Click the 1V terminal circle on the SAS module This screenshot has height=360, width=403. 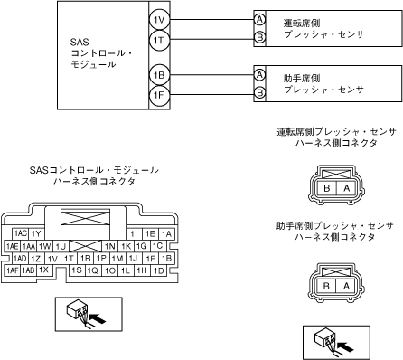point(159,20)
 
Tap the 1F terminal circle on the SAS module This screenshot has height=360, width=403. point(159,96)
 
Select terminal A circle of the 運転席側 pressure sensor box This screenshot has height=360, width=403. point(259,20)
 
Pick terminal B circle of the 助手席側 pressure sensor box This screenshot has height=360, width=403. point(259,92)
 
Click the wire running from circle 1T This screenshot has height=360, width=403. point(211,39)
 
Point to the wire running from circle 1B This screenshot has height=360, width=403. point(211,75)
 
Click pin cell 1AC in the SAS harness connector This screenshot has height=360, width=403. point(21,233)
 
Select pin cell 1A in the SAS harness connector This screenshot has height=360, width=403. point(166,233)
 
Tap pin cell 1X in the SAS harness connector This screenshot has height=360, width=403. point(44,270)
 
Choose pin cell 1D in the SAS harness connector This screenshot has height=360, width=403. point(158,270)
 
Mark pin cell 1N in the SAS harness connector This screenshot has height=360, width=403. point(110,246)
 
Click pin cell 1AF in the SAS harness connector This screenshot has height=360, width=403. point(13,270)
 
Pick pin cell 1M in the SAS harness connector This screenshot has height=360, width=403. point(117,259)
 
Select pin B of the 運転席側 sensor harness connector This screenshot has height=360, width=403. point(327,188)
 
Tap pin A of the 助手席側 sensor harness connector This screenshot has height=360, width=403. point(346,286)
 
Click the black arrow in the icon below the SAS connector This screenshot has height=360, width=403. point(98,318)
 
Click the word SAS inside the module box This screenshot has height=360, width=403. point(80,42)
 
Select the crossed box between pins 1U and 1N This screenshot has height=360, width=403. point(85,246)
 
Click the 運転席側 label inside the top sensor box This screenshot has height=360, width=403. point(302,23)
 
